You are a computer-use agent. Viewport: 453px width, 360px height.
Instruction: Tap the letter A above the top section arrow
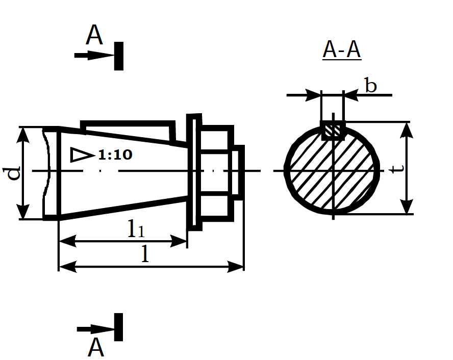pos(94,35)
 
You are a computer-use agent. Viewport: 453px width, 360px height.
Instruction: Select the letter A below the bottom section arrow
pos(95,347)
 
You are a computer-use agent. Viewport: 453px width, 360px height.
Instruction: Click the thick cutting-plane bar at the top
pos(119,56)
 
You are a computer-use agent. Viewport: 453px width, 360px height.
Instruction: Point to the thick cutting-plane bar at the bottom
pos(118,327)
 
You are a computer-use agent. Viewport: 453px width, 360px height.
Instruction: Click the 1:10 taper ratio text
pos(115,155)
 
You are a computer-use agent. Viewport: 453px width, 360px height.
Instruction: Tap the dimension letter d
pos(12,173)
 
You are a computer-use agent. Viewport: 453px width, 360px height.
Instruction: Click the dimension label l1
pos(136,228)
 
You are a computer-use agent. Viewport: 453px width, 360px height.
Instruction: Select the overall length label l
pos(145,254)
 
